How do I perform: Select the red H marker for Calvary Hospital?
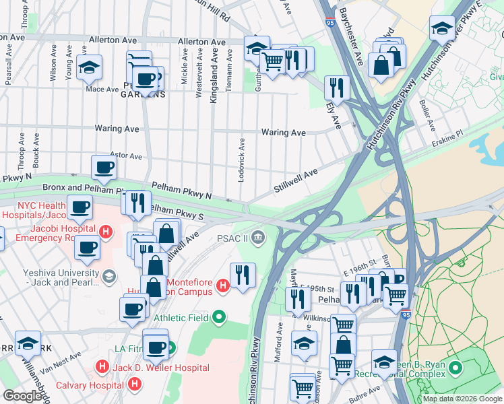134,384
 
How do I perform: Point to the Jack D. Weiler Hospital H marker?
101,368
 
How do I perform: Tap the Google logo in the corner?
22,396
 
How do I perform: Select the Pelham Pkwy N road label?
181,190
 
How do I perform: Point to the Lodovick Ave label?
241,160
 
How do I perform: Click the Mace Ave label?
102,88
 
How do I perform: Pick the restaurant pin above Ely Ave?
336,88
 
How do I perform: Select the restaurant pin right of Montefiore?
243,274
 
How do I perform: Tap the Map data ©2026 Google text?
462,399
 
